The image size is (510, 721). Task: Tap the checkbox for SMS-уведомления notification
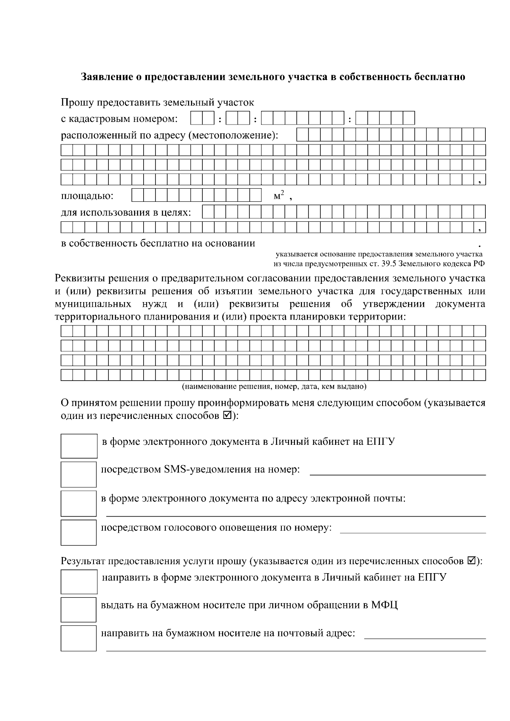click(79, 474)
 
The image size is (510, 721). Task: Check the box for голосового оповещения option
click(79, 532)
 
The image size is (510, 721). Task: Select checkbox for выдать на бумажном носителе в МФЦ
click(79, 610)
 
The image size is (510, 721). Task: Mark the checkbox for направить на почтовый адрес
click(79, 638)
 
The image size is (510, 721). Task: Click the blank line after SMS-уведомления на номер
click(397, 473)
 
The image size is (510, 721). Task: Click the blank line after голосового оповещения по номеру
click(413, 532)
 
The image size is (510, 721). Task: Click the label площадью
click(87, 196)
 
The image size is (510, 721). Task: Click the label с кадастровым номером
click(119, 119)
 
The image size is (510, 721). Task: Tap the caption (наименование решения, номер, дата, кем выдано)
click(274, 387)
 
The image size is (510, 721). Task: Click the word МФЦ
click(384, 605)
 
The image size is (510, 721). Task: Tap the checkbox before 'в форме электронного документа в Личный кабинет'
click(79, 446)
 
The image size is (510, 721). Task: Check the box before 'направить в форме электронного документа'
click(79, 582)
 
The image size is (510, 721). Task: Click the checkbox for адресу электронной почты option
click(79, 503)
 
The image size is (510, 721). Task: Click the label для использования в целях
click(126, 212)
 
